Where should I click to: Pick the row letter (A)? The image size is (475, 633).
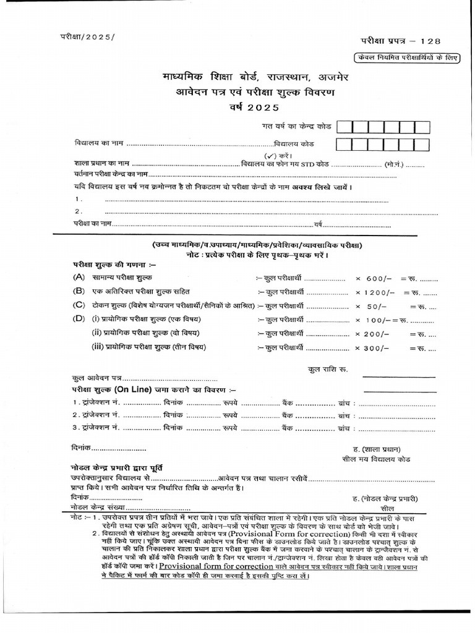pos(79,278)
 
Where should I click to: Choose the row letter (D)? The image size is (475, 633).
pos(79,319)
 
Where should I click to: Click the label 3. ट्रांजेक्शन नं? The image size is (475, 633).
pos(96,427)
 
